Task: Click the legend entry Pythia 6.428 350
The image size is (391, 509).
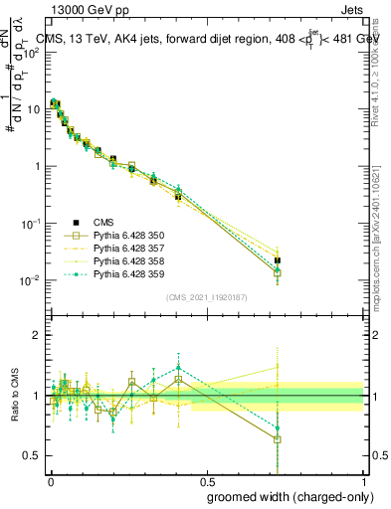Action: coord(130,236)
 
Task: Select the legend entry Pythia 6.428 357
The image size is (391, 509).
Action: coord(130,249)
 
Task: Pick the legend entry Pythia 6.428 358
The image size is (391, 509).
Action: coord(130,261)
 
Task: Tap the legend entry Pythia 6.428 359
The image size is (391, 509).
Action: coord(130,274)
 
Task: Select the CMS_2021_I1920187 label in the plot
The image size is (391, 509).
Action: coord(205,297)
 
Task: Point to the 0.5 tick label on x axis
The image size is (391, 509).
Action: coord(206,479)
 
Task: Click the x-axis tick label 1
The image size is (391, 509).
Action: coord(363,479)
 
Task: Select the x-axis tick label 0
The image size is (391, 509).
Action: coord(50,479)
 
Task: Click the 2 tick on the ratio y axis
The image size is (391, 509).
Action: coord(37,335)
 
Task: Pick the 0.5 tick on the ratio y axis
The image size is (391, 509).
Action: coord(33,455)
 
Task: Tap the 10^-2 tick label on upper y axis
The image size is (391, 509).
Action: coord(31,280)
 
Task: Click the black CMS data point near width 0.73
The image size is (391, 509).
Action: coord(278,260)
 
